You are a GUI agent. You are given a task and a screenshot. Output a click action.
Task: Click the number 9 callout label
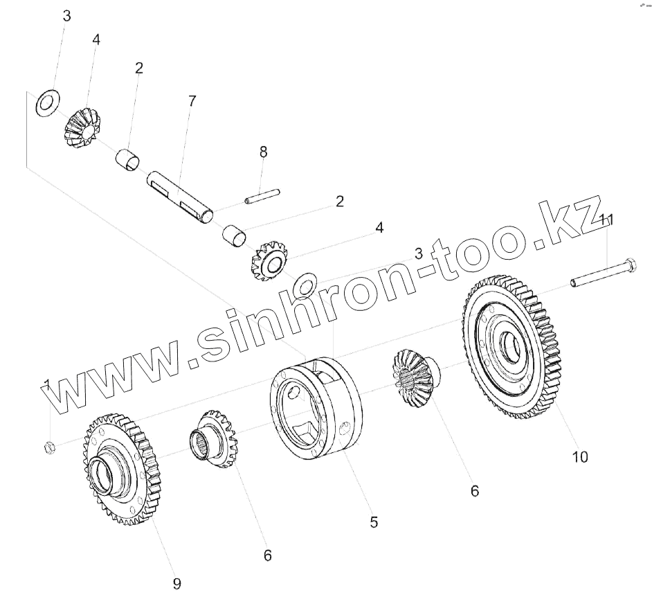tap(176, 584)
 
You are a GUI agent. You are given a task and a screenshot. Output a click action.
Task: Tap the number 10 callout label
tap(580, 456)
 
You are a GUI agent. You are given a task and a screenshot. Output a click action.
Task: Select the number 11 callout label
tap(607, 220)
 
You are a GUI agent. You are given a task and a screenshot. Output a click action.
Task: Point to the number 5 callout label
tap(374, 522)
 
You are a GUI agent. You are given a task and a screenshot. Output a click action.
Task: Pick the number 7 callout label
tap(192, 101)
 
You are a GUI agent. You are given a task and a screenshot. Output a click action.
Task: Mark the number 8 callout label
tap(263, 152)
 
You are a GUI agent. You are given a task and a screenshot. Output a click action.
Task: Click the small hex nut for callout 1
tap(50, 447)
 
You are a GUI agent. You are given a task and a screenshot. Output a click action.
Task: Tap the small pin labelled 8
tap(262, 197)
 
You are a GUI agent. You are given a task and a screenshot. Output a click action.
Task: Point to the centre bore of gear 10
tap(510, 344)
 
